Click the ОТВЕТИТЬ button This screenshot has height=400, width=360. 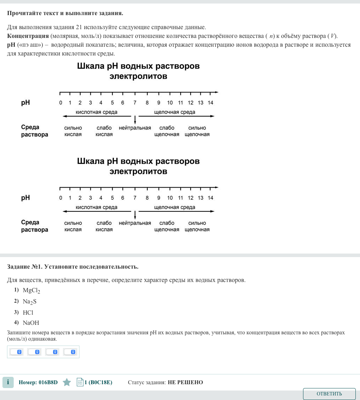point(329,394)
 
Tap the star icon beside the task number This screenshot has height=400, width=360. point(67,382)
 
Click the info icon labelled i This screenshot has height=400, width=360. point(8,382)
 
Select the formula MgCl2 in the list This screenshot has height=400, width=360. point(32,291)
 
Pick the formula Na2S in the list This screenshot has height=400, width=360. point(30,302)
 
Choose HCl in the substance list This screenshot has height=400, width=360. point(28,312)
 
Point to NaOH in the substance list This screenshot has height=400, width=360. point(31,323)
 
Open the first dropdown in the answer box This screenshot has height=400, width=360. point(16,352)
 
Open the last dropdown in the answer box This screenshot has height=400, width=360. point(70,352)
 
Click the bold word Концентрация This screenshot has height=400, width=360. point(28,36)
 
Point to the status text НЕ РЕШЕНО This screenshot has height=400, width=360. point(185,382)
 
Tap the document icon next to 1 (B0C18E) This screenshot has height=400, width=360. point(80,382)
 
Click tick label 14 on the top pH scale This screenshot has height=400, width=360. point(210,103)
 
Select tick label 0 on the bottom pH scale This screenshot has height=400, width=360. point(60,198)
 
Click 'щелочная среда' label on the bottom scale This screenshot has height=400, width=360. point(175,207)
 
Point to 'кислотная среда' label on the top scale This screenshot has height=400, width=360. point(97,112)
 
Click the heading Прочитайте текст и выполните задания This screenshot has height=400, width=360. point(65,13)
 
